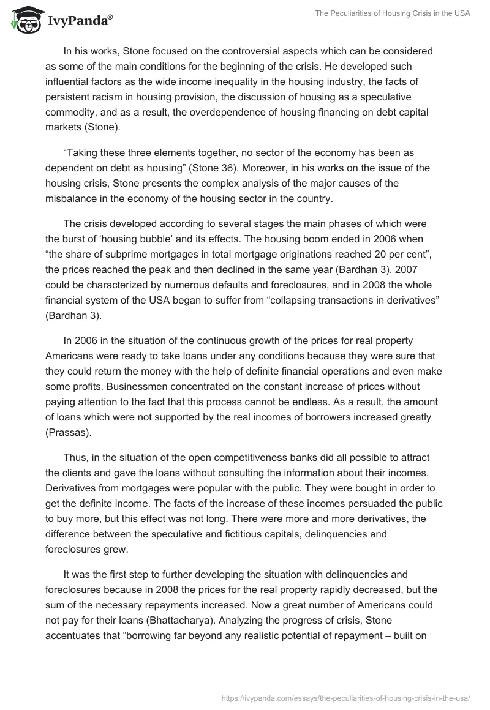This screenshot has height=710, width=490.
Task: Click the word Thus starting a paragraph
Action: pos(74,457)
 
